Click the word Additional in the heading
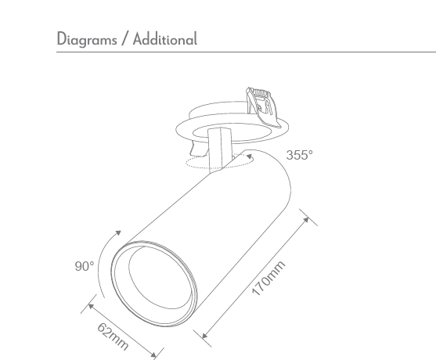(x=164, y=39)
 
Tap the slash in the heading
(x=123, y=39)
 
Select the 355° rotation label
(x=298, y=155)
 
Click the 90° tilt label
(x=85, y=266)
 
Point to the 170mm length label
(x=268, y=279)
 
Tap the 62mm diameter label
(x=113, y=336)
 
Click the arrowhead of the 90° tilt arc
(x=119, y=232)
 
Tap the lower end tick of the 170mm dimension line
(x=205, y=337)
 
